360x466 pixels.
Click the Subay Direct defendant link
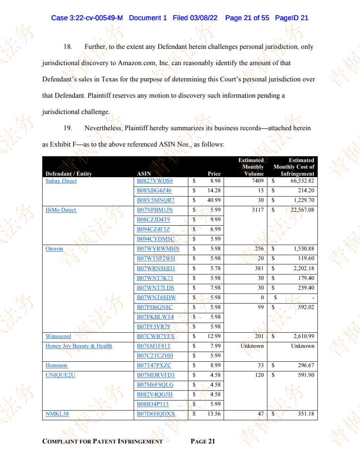tap(61, 181)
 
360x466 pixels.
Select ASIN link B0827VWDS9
tap(155, 181)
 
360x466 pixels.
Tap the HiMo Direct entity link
tap(61, 210)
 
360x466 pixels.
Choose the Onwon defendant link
tap(54, 249)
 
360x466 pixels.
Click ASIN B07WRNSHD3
tap(156, 268)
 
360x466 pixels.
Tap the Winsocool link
tap(59, 336)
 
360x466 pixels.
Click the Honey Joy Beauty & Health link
tap(79, 346)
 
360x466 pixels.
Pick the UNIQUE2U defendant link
tap(60, 375)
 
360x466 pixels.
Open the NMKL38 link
tap(57, 414)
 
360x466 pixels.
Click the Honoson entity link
tap(57, 365)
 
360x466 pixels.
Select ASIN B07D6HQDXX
tap(156, 414)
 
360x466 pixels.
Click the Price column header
tap(214, 174)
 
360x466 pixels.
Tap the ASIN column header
tap(144, 174)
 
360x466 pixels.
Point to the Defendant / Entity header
tap(69, 174)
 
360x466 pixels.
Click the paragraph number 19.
tap(68, 128)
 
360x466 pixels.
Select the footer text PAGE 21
tap(203, 441)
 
